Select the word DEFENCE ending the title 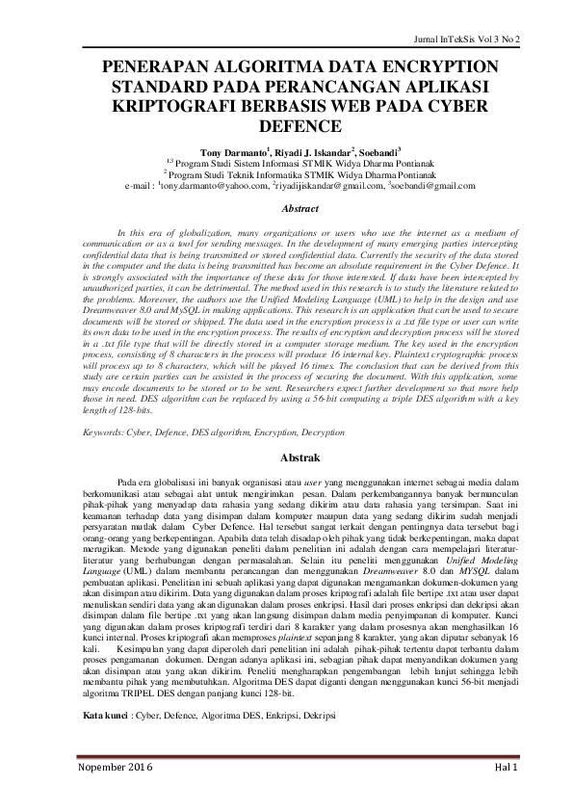(x=286, y=125)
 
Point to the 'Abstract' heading (x=286, y=209)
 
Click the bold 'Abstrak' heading (x=286, y=458)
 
